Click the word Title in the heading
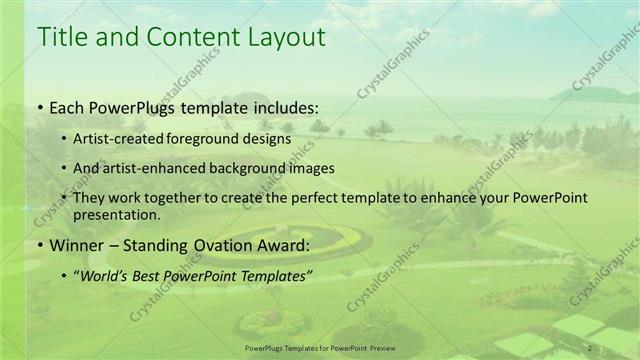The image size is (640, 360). click(61, 38)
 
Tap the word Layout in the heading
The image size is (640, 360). click(285, 38)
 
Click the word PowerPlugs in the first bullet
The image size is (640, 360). click(138, 108)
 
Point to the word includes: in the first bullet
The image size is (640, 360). click(284, 108)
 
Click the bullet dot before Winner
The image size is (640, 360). click(39, 246)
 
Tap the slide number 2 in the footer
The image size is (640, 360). click(590, 348)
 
